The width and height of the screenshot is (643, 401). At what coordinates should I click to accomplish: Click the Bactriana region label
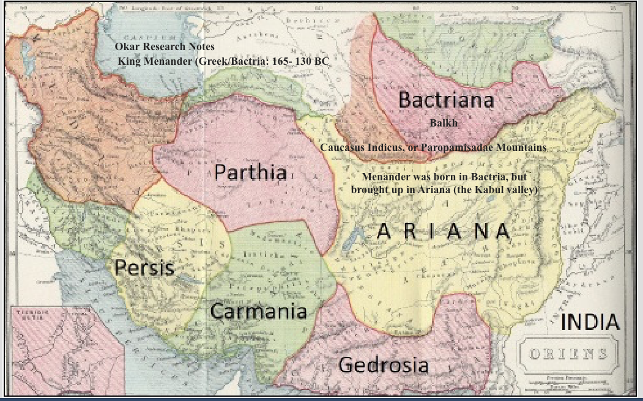(x=446, y=100)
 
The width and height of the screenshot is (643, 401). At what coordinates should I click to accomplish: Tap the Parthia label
(x=250, y=172)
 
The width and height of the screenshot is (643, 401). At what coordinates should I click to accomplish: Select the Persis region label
(x=144, y=268)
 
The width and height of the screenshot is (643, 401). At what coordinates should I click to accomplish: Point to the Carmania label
(x=258, y=311)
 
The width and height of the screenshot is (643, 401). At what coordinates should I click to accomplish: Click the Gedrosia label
(x=383, y=365)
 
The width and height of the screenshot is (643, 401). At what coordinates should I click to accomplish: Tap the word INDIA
(x=590, y=322)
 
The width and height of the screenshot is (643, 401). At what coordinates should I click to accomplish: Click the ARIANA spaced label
(x=443, y=231)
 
